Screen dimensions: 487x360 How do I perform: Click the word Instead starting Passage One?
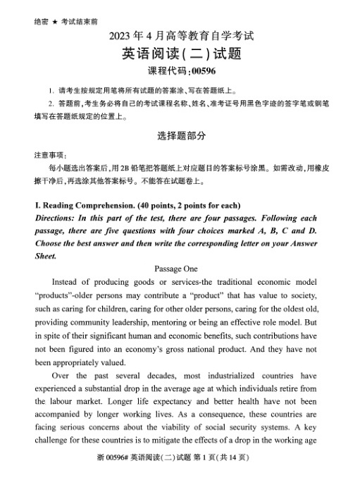[x=68, y=281]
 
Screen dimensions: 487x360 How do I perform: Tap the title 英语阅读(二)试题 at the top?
[x=180, y=54]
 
